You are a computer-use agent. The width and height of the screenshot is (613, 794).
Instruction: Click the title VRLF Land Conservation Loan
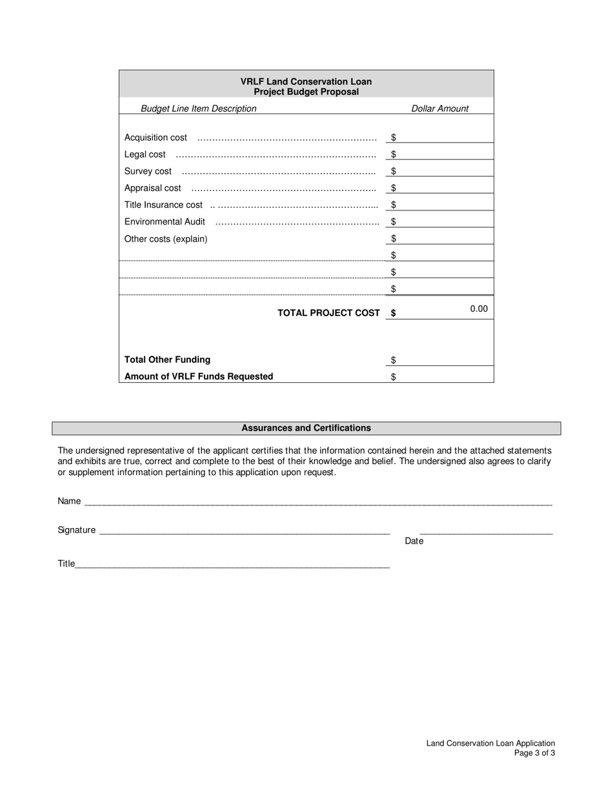pyautogui.click(x=306, y=81)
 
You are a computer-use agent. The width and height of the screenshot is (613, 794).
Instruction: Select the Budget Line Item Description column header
pyautogui.click(x=198, y=108)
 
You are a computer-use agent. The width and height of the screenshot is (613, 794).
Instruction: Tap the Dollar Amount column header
pyautogui.click(x=440, y=108)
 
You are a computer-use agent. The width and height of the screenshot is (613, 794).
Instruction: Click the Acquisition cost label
pyautogui.click(x=156, y=137)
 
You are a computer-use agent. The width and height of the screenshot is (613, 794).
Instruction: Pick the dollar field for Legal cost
pyautogui.click(x=444, y=154)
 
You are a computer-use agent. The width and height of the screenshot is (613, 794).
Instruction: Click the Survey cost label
pyautogui.click(x=148, y=171)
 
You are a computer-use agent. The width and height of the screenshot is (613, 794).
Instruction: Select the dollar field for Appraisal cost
pyautogui.click(x=444, y=188)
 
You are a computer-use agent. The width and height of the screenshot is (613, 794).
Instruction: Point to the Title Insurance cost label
pyautogui.click(x=163, y=205)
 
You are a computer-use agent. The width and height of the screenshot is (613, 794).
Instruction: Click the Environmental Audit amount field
pyautogui.click(x=444, y=221)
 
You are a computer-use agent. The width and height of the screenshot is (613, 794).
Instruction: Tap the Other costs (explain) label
pyautogui.click(x=166, y=239)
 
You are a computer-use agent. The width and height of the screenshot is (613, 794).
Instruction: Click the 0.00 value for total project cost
pyautogui.click(x=478, y=309)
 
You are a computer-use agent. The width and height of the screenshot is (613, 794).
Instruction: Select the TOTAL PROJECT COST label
pyautogui.click(x=328, y=312)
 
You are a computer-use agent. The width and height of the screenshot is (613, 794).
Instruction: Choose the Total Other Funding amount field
pyautogui.click(x=444, y=360)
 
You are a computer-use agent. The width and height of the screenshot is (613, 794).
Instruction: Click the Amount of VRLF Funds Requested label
pyautogui.click(x=199, y=376)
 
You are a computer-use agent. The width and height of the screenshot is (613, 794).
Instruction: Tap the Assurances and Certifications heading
pyautogui.click(x=306, y=428)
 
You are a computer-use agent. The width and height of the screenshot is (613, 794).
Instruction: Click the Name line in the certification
pyautogui.click(x=317, y=501)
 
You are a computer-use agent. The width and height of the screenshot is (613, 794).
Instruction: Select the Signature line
pyautogui.click(x=245, y=530)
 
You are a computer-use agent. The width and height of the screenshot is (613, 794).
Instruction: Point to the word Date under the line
pyautogui.click(x=414, y=541)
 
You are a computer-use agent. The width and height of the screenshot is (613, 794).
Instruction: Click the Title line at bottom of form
pyautogui.click(x=232, y=564)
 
